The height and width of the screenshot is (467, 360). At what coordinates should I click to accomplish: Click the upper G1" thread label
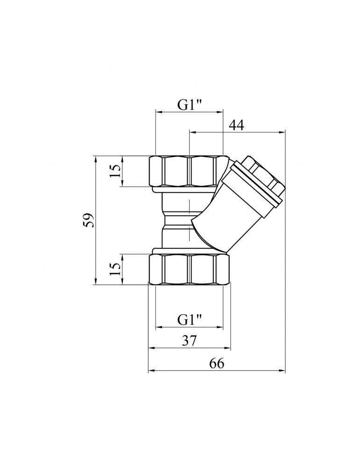pyautogui.click(x=190, y=105)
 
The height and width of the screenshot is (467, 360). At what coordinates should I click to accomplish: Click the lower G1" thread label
pyautogui.click(x=190, y=320)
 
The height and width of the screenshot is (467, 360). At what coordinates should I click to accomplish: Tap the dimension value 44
pyautogui.click(x=236, y=125)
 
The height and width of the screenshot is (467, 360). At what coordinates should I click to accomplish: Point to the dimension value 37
pyautogui.click(x=190, y=340)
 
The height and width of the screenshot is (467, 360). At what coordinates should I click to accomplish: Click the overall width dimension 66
pyautogui.click(x=217, y=364)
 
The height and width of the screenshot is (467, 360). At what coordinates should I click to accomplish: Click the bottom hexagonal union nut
pyautogui.click(x=190, y=269)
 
